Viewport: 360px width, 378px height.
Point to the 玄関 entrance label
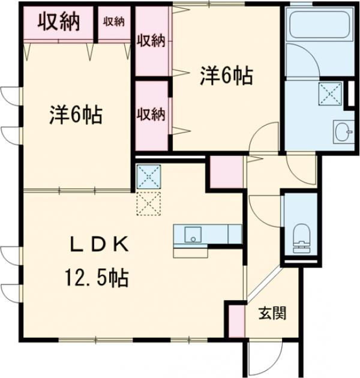coord(272,313)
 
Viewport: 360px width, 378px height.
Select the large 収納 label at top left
coord(59,22)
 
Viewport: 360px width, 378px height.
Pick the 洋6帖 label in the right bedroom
coord(226,76)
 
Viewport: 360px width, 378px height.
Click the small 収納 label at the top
coord(113,22)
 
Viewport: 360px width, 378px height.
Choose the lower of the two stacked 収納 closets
coord(151,114)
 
